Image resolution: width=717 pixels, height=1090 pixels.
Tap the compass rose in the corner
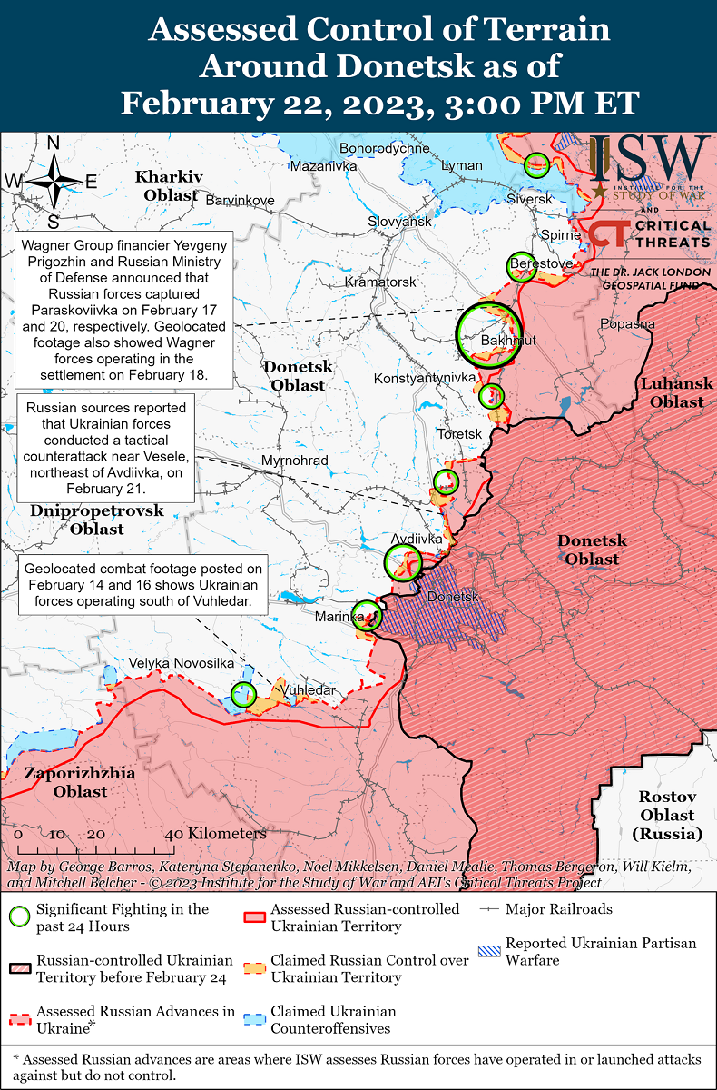tap(54, 182)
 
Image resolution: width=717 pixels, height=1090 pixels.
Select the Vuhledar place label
tap(308, 690)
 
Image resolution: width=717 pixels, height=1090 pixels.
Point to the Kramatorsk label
tap(380, 282)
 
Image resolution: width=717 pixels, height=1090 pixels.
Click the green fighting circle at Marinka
tap(367, 616)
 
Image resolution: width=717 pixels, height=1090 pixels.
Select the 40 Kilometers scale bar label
tap(216, 833)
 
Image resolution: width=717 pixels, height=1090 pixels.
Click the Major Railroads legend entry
tap(558, 909)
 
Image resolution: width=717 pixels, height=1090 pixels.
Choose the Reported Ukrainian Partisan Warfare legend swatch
tap(489, 952)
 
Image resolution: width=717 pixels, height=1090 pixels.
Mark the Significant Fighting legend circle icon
tap(19, 917)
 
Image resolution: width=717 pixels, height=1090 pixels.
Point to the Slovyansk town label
tap(399, 222)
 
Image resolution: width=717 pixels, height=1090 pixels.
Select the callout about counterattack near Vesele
tap(107, 448)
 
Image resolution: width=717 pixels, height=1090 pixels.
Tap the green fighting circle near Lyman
tap(536, 164)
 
